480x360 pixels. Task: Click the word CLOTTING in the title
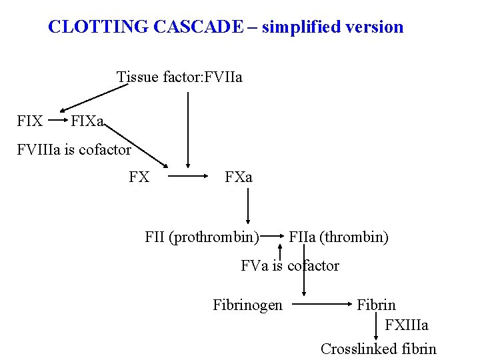point(98,27)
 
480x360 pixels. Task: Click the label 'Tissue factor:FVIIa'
point(179,77)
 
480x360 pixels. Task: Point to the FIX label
point(30,122)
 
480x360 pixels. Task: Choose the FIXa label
point(87,122)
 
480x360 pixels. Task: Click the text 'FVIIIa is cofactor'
point(74,150)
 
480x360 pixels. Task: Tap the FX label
point(139,177)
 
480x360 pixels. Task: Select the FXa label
point(239,177)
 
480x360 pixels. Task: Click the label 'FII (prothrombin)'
point(202,237)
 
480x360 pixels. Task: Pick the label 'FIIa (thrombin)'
point(339,237)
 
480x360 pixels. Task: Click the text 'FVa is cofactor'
point(290,266)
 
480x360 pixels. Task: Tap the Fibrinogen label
point(247,305)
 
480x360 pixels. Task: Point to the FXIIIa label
point(407,325)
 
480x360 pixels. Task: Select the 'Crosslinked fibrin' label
point(379,349)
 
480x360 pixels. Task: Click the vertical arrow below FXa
point(249,206)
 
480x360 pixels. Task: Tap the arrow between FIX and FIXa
point(57,122)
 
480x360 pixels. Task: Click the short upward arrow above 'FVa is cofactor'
point(280,252)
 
